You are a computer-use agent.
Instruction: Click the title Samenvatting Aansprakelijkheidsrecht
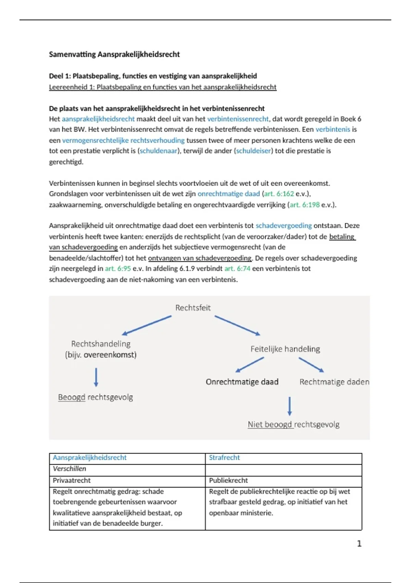[x=114, y=54]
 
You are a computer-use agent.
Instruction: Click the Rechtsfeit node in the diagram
[x=193, y=308]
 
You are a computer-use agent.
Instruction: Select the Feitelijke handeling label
[x=285, y=349]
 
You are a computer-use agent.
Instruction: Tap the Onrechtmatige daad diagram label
[x=242, y=382]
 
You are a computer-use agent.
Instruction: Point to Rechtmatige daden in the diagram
[x=334, y=382]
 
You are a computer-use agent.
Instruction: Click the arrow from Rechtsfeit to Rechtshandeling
[x=147, y=325]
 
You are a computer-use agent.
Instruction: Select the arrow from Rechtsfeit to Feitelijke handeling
[x=237, y=325]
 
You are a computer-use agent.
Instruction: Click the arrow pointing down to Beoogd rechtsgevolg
[x=96, y=377]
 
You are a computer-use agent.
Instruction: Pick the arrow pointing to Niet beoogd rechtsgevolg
[x=290, y=406]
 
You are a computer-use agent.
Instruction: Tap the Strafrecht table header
[x=224, y=457]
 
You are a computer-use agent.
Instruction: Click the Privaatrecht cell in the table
[x=72, y=480]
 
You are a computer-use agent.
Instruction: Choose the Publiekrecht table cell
[x=228, y=480]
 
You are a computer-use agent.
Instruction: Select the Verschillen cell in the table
[x=70, y=469]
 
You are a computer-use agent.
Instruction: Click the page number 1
[x=359, y=544]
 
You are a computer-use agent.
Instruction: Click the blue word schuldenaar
[x=159, y=151]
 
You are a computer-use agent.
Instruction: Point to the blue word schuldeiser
[x=253, y=151]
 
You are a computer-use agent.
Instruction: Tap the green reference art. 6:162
[x=279, y=194]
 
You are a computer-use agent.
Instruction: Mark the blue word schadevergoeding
[x=284, y=226]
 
